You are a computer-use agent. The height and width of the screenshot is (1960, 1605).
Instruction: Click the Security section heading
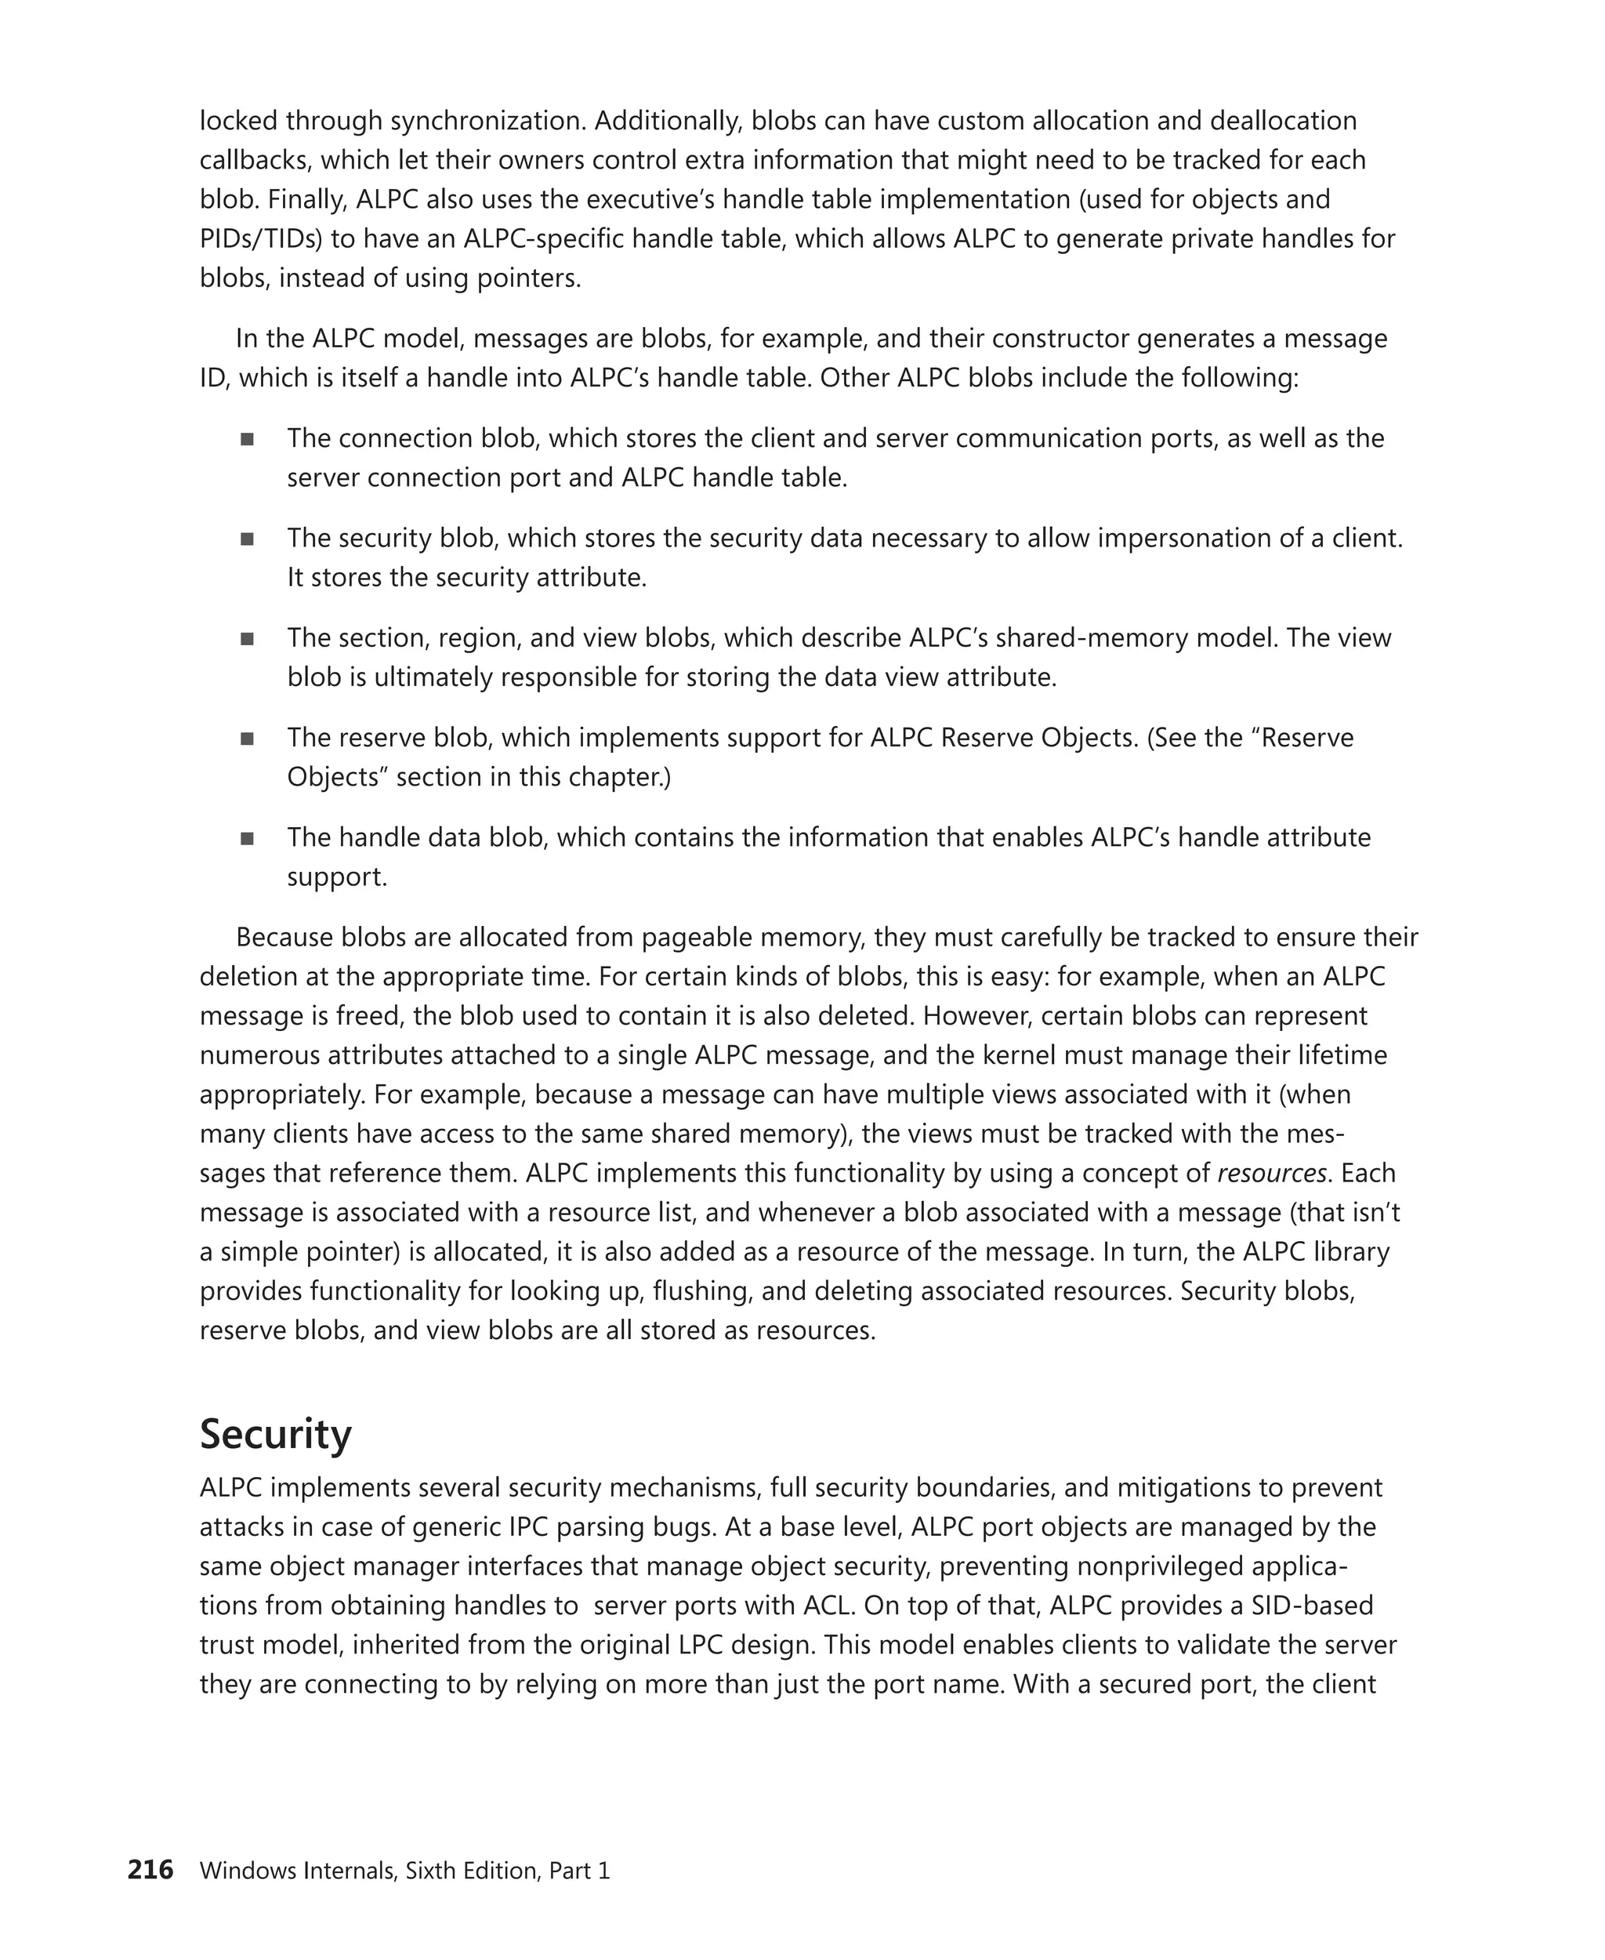276,1435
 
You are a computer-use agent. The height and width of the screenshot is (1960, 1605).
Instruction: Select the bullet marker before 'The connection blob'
247,439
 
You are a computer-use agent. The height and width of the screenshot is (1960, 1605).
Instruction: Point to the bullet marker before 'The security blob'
247,539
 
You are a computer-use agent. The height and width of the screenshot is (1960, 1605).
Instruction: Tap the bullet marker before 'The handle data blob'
247,839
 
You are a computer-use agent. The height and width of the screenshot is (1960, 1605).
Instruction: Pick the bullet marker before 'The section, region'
247,639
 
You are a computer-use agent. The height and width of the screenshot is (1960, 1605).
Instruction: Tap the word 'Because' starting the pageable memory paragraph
284,937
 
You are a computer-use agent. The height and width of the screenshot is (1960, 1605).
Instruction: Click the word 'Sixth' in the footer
433,1871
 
